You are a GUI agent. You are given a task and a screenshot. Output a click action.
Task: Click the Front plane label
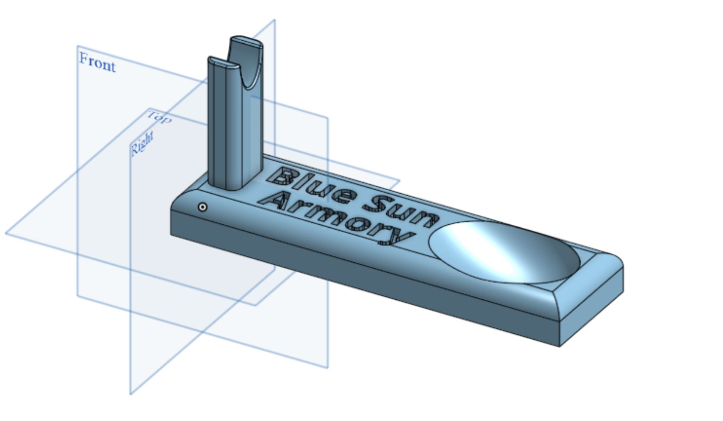(97, 63)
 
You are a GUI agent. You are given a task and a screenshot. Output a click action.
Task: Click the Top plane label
(160, 117)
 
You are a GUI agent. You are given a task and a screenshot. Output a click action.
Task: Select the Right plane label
(142, 143)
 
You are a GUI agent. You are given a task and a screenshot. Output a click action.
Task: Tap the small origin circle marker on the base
(202, 207)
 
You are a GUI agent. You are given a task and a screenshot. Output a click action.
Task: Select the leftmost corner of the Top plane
(6, 233)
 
